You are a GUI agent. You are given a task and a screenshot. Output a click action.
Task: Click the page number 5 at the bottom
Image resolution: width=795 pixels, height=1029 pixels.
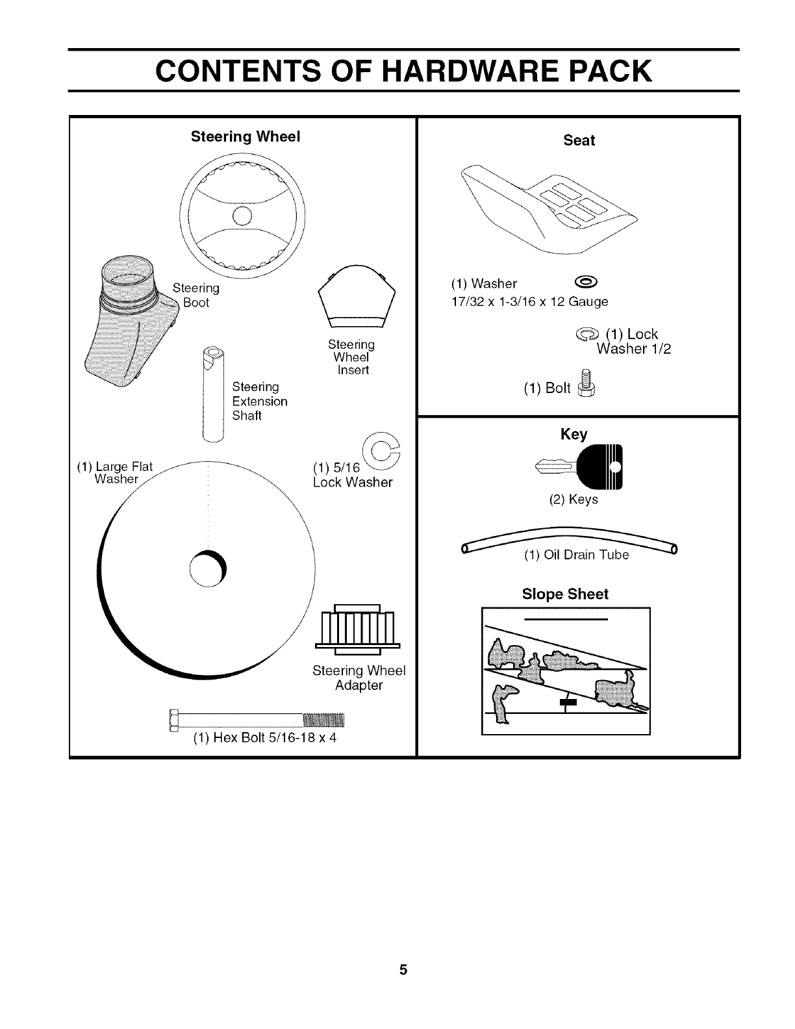(403, 971)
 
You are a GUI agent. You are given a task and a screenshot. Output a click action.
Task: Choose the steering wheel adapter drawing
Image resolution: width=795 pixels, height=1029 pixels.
(356, 629)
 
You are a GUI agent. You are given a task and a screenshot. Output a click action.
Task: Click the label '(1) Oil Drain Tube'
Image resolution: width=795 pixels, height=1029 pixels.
(576, 555)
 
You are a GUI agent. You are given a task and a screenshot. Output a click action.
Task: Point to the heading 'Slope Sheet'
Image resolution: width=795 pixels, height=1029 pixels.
(565, 594)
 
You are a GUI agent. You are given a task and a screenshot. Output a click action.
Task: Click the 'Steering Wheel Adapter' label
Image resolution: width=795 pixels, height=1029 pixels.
(359, 678)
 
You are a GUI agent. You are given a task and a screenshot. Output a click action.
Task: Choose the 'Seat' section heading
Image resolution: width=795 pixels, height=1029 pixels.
(579, 140)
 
